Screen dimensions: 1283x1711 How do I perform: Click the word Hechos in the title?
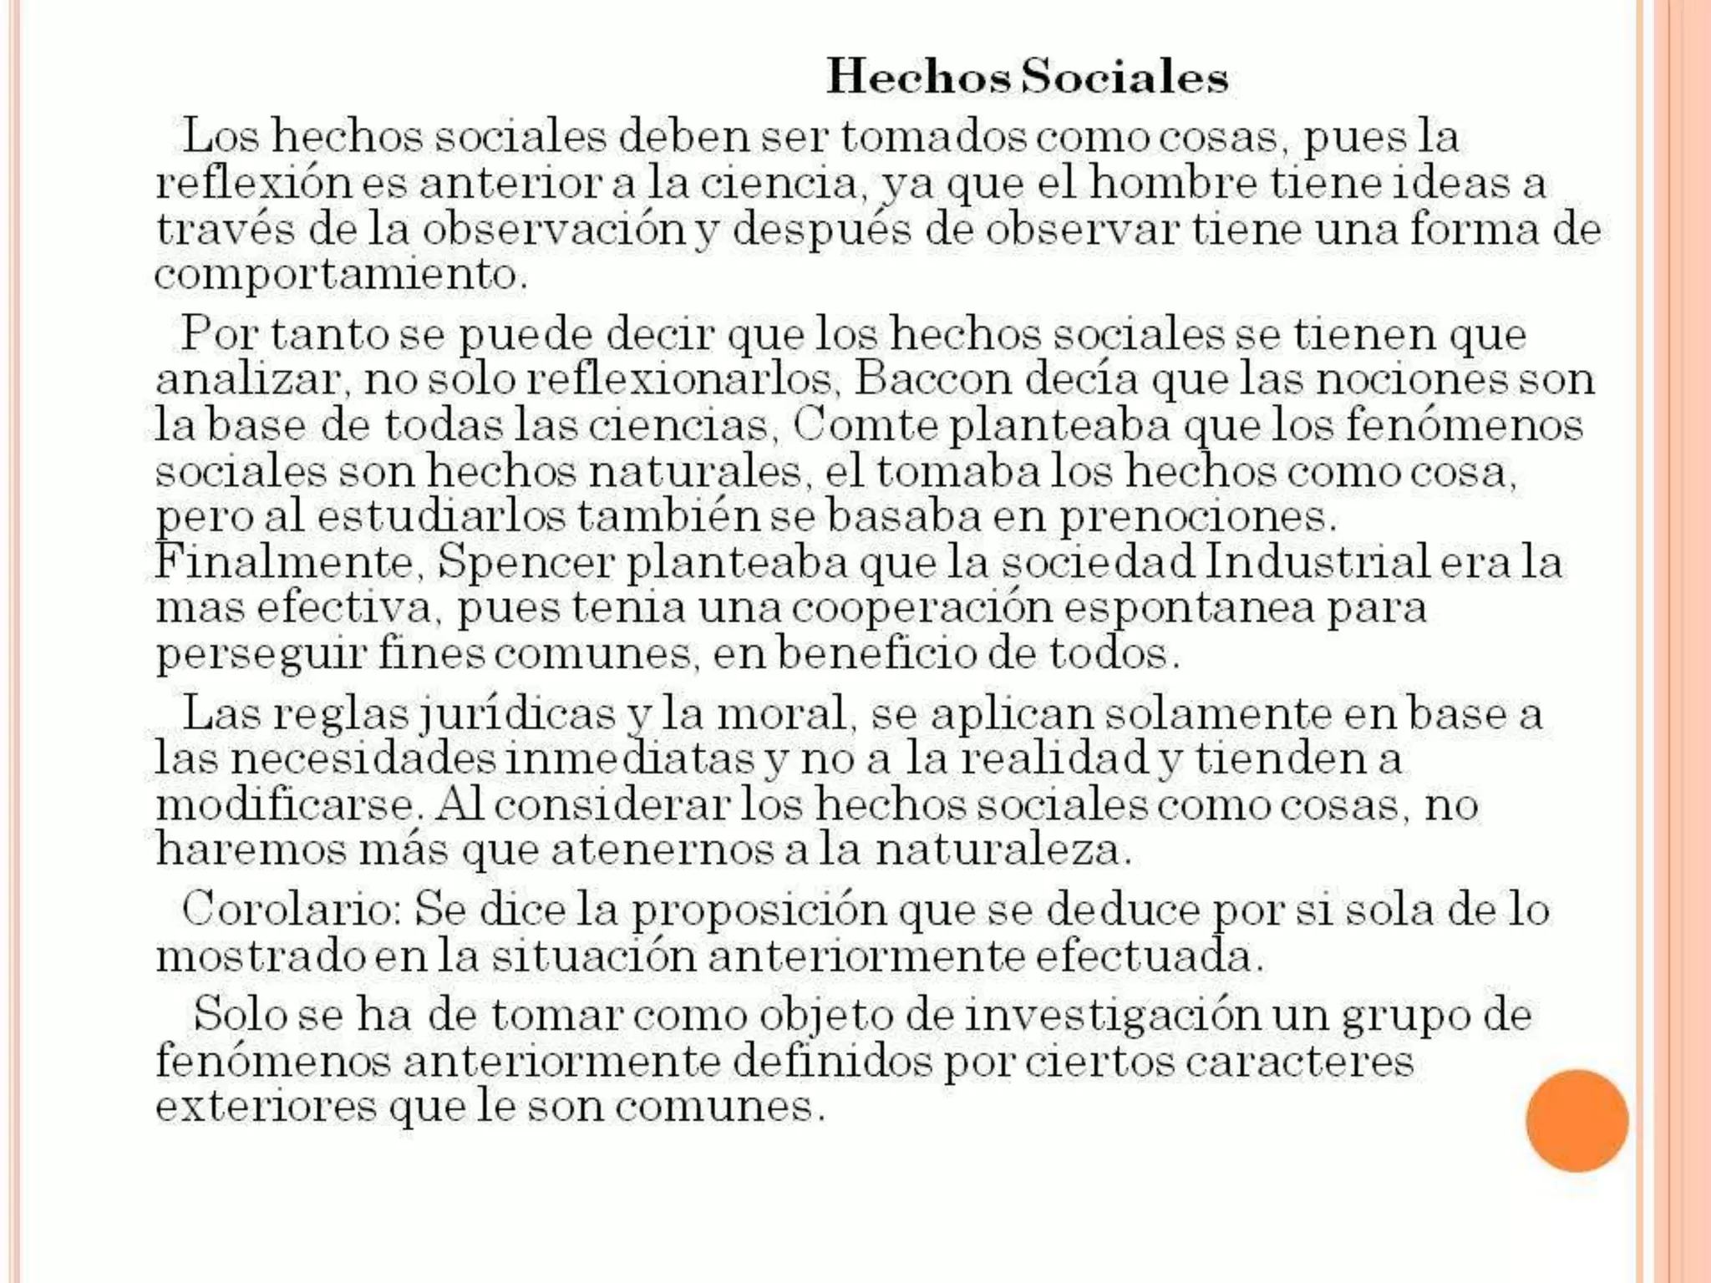click(918, 78)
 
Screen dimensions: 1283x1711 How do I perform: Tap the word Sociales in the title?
click(1125, 78)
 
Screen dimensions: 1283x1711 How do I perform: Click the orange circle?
click(1576, 1121)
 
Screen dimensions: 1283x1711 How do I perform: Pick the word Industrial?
click(1317, 561)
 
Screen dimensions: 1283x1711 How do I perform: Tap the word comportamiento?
click(341, 275)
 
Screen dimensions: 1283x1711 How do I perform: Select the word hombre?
click(1173, 183)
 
